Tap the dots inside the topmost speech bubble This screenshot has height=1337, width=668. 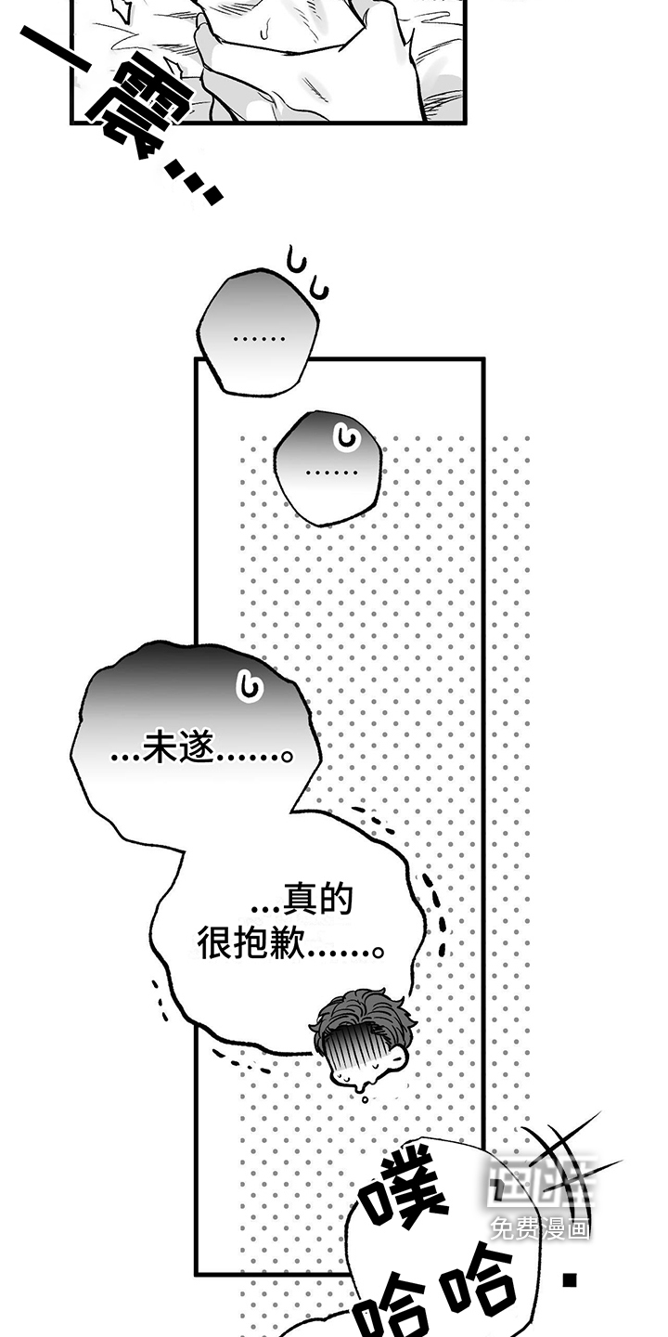coord(259,337)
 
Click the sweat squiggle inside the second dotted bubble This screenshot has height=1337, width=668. coord(348,435)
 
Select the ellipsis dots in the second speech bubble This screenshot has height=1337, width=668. coord(331,473)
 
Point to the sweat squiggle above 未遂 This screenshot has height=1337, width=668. coord(247,686)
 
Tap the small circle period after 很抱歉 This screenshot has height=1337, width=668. coord(377,951)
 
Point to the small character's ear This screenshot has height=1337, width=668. coord(396,1058)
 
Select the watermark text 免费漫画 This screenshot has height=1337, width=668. coord(540,1229)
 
